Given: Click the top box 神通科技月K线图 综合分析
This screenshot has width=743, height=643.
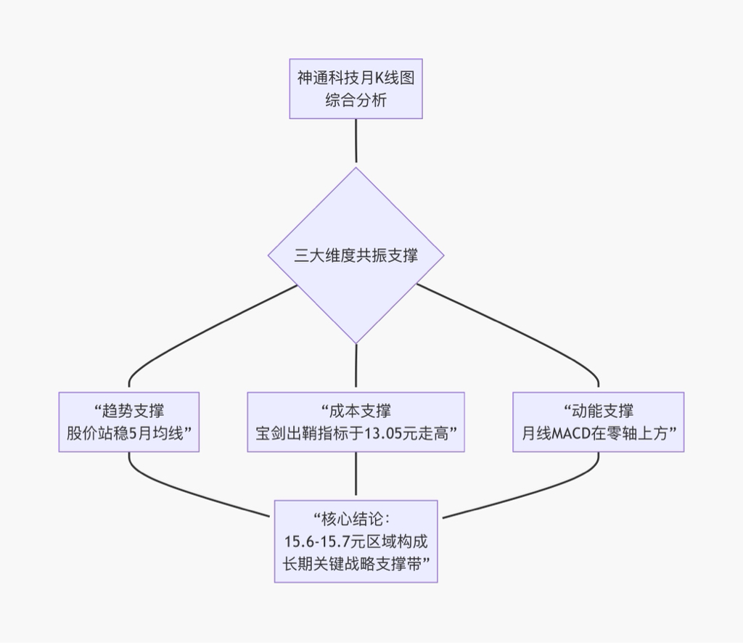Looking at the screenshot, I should tap(356, 89).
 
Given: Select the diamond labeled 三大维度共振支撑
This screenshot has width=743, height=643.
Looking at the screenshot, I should tap(356, 255).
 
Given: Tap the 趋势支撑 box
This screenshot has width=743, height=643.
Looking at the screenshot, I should tap(129, 422).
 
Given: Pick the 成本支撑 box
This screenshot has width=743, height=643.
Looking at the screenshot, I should tap(356, 422).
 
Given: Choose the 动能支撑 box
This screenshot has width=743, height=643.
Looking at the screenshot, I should tap(598, 422).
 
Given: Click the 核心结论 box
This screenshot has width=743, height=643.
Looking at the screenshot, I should tap(356, 541).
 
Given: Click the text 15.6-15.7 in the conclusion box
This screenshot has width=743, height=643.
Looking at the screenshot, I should tap(317, 541).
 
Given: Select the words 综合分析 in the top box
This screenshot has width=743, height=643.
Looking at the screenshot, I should tap(356, 100).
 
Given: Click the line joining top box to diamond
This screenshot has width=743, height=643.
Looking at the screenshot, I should tap(356, 142).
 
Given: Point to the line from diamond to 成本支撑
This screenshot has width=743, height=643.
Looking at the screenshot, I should tap(356, 367).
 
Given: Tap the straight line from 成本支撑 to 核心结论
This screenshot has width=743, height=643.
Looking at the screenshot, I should tap(356, 476).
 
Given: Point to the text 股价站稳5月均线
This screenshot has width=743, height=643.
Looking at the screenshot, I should tap(128, 434).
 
